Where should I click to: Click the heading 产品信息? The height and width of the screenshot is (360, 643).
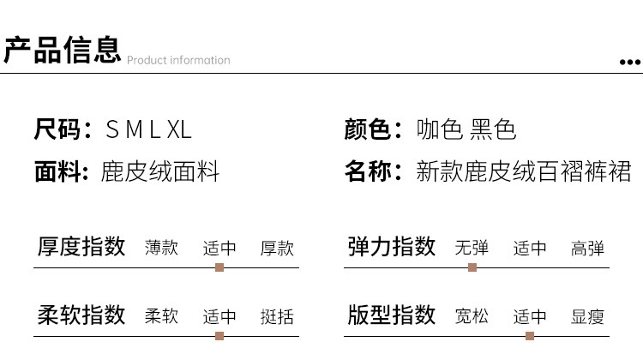[x=62, y=50]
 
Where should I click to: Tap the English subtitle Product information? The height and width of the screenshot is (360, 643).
[x=178, y=60]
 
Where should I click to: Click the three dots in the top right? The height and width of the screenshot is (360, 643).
[x=630, y=62]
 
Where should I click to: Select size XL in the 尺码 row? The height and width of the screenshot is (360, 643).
[x=178, y=130]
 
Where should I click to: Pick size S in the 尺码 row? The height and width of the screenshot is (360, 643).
[x=111, y=130]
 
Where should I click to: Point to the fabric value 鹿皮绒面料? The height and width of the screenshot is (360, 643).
[x=160, y=171]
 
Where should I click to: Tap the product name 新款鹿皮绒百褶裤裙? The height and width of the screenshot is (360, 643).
[x=524, y=171]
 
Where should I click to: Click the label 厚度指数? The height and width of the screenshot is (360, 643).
[x=81, y=247]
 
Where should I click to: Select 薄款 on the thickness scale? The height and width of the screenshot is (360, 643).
[x=162, y=248]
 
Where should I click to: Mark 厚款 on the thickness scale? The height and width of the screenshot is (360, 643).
[x=277, y=248]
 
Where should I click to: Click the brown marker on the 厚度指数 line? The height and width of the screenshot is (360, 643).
[x=219, y=267]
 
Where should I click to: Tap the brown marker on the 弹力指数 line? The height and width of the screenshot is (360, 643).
[x=472, y=267]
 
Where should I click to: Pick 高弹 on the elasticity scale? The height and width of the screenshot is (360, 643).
[x=587, y=248]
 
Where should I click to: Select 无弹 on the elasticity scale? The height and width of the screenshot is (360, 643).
[x=472, y=248]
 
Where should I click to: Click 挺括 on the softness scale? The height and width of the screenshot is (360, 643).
[x=277, y=316]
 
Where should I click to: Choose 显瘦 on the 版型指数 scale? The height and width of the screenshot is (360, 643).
[x=587, y=316]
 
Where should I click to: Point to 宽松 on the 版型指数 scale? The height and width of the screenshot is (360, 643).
[x=472, y=316]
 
